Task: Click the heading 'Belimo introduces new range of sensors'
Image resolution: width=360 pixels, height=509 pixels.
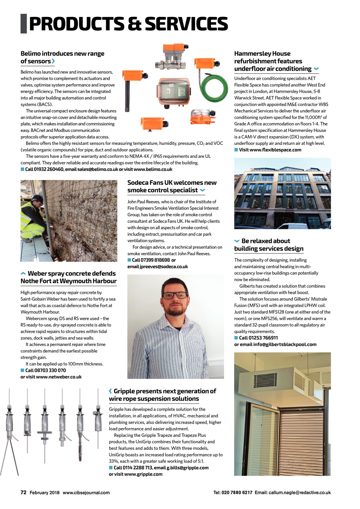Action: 62,57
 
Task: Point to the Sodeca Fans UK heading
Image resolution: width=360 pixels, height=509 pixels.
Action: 172,186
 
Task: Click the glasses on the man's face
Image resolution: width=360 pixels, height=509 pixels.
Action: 175,295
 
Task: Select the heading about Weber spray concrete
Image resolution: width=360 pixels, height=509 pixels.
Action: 69,277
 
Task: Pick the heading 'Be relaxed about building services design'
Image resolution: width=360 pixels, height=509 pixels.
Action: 269,245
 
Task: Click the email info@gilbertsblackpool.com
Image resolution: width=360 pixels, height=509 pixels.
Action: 285,344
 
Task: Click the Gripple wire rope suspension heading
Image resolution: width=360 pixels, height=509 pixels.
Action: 162,395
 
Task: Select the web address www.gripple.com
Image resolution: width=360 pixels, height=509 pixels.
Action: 143,474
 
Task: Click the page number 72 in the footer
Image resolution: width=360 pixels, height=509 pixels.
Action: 24,492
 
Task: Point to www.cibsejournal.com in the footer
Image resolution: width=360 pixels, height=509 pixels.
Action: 86,493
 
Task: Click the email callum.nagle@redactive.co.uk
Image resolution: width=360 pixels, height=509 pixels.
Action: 300,493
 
